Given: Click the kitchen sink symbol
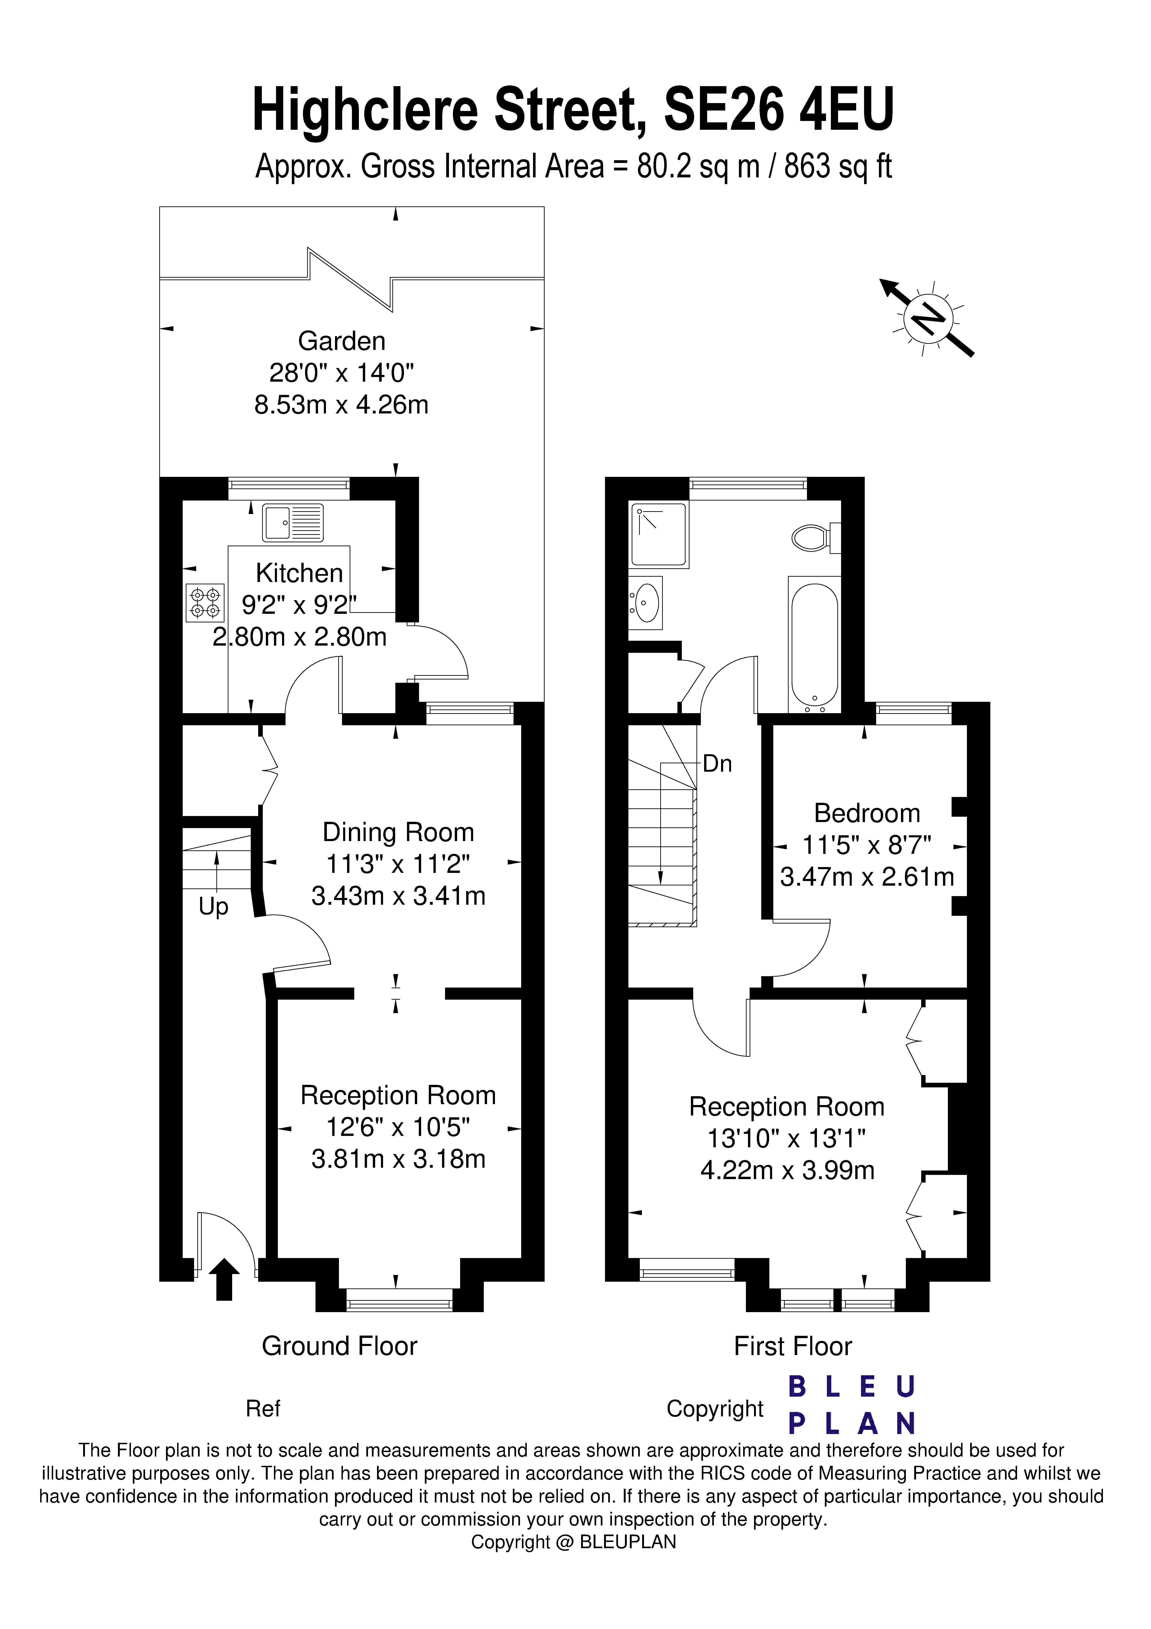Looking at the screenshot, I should [292, 523].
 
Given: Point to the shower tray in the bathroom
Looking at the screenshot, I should [659, 534].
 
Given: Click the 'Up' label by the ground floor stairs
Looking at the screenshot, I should [213, 907].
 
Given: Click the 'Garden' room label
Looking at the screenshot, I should [341, 341].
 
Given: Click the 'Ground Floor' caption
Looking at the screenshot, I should [339, 1346].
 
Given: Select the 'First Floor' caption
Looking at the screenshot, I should [793, 1346].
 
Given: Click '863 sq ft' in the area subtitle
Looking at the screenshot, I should [837, 167].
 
